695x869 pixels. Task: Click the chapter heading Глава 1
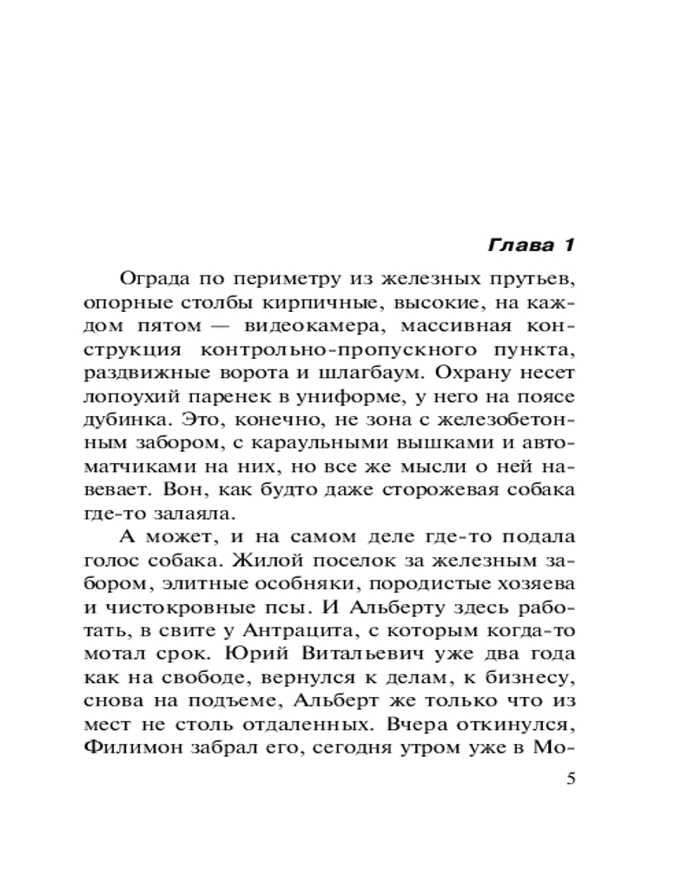pyautogui.click(x=530, y=245)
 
